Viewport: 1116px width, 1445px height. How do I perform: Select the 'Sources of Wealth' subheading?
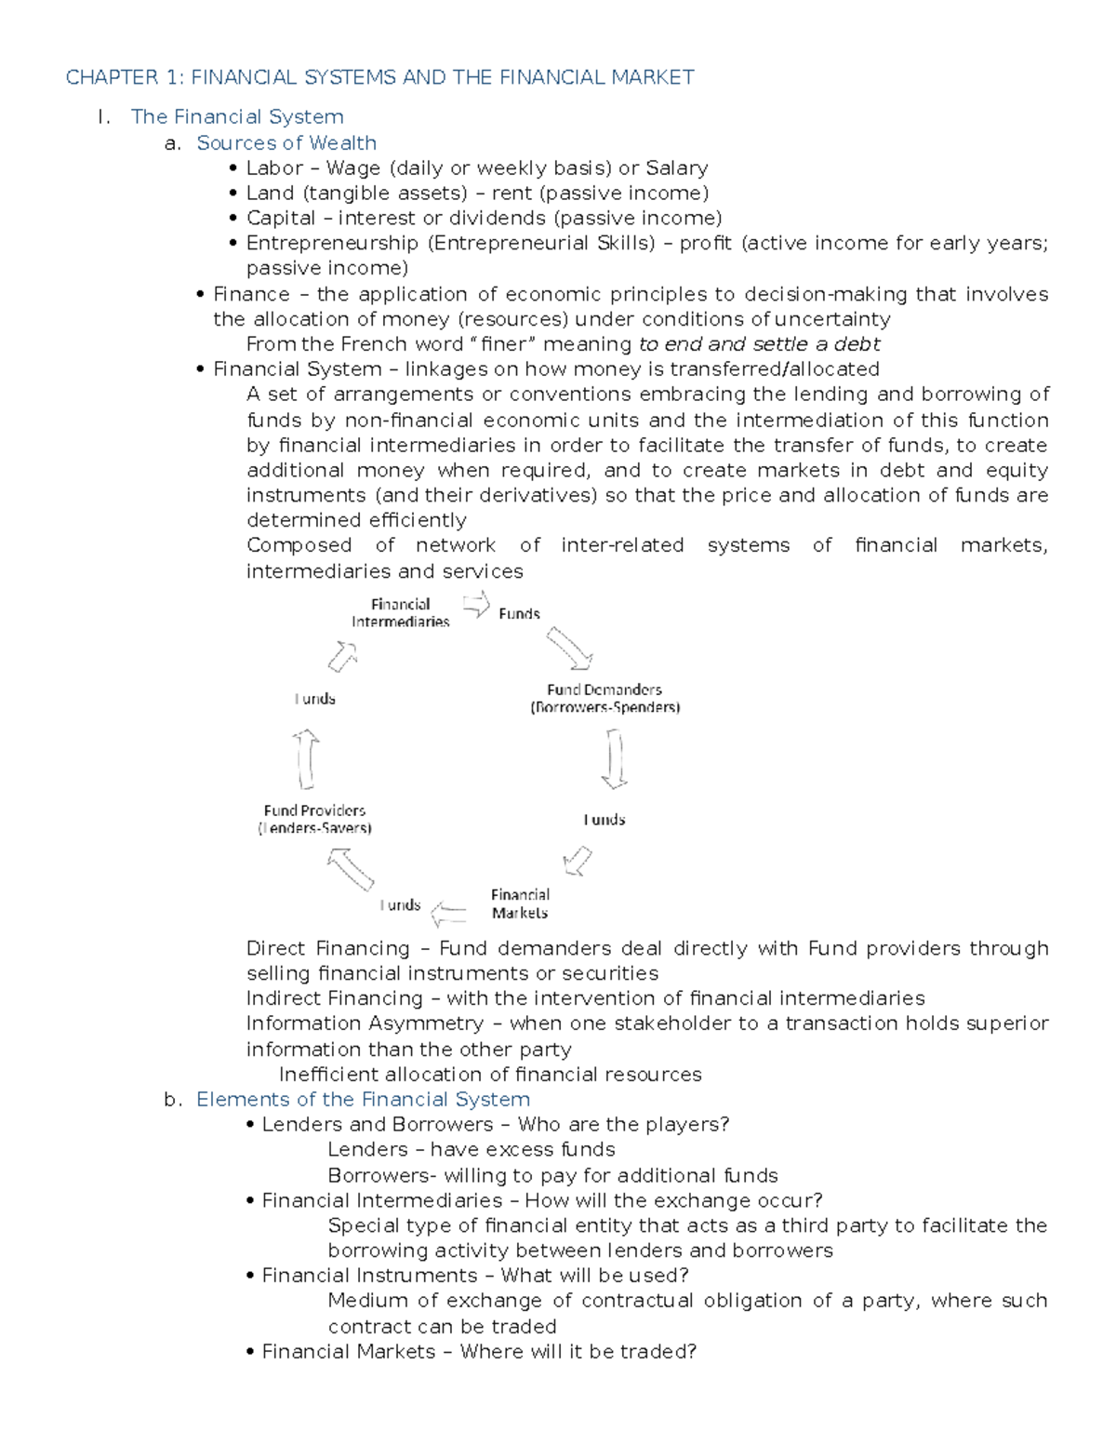286,142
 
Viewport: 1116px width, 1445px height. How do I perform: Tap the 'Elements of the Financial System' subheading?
363,1099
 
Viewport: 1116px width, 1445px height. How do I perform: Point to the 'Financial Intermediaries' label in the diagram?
400,613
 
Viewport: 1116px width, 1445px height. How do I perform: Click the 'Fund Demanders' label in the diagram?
604,698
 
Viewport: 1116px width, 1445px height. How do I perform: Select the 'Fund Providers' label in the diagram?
314,819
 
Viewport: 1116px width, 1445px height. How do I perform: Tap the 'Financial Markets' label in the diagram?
520,903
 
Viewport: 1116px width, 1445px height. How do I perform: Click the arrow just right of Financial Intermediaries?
476,605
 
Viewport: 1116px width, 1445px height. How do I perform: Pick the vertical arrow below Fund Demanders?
614,758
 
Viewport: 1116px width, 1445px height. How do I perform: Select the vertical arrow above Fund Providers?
306,758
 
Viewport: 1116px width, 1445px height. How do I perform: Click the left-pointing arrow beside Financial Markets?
449,914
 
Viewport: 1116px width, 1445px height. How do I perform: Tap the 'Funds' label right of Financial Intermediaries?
519,614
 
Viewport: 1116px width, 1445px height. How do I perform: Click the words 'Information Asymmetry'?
365,1024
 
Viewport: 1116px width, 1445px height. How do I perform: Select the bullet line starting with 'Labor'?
476,167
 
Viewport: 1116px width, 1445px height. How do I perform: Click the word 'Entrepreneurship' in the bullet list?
332,243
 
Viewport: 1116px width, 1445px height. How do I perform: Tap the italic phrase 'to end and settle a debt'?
759,344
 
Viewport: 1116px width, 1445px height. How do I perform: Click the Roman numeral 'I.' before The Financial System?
103,117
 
